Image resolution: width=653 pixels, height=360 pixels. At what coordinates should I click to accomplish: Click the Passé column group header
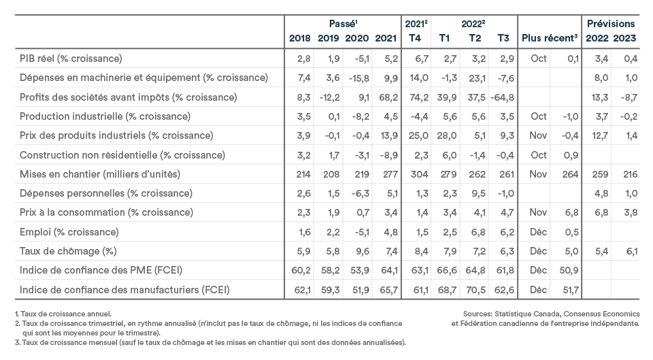[343, 24]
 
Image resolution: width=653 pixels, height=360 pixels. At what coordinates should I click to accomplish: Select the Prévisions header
[611, 24]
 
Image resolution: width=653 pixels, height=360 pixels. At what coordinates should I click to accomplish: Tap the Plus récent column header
[550, 38]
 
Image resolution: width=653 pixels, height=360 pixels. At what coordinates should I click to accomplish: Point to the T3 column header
[503, 38]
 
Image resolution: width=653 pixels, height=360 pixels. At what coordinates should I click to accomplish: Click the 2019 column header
[328, 38]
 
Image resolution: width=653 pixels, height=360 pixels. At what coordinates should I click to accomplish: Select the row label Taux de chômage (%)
[68, 251]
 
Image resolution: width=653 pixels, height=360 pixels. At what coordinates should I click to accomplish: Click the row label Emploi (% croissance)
[69, 232]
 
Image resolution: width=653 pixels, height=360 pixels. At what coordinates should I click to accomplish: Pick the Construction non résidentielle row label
[122, 155]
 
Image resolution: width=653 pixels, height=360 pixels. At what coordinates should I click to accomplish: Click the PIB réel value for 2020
[362, 59]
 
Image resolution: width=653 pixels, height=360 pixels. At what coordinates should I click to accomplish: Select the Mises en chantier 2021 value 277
[390, 174]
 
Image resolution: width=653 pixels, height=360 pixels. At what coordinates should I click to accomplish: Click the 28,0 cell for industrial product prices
[447, 136]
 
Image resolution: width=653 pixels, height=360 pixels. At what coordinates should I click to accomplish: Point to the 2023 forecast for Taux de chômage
[631, 251]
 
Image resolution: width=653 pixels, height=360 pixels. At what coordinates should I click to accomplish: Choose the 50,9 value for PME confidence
[569, 270]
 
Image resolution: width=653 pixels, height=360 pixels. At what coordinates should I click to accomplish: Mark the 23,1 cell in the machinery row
[477, 78]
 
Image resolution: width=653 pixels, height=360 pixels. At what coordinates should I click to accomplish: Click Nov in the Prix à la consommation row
[538, 212]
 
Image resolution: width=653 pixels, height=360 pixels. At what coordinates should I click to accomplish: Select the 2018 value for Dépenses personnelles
[303, 193]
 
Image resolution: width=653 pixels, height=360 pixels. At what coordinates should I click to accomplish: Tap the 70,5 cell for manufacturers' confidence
[475, 290]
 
